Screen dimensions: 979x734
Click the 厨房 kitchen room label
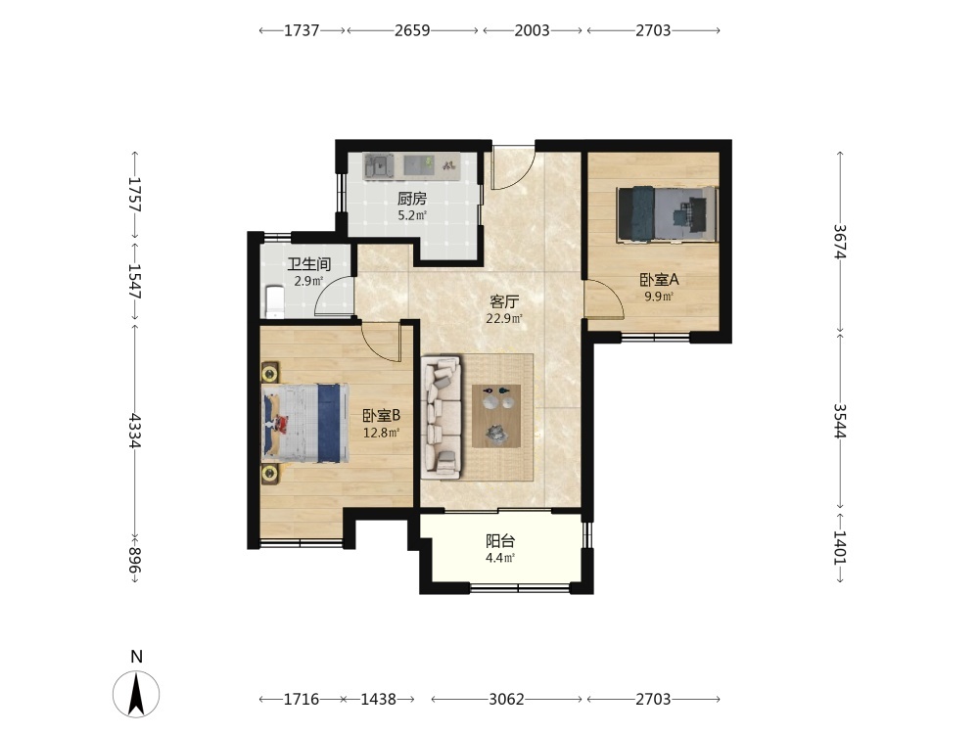[412, 199]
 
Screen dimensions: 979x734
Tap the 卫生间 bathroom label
[308, 264]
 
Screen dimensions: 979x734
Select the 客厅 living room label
[504, 302]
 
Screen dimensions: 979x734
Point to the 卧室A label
[659, 280]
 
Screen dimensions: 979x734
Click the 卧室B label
[381, 415]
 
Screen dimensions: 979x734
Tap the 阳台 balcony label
[500, 541]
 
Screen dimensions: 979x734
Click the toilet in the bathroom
[273, 300]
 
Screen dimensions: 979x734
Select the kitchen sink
[379, 166]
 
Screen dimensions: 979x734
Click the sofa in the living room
[442, 418]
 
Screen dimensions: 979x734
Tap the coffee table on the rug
[496, 416]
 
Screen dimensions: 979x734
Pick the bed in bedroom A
[667, 213]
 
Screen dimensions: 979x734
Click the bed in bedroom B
[304, 423]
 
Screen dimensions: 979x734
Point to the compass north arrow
[137, 694]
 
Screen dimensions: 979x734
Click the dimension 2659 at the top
[412, 30]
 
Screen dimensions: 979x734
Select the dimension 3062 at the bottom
[506, 699]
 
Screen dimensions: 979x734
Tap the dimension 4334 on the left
[135, 430]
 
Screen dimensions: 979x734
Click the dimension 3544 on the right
[840, 421]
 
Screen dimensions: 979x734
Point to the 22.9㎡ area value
[504, 319]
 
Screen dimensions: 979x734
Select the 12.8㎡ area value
[381, 432]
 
